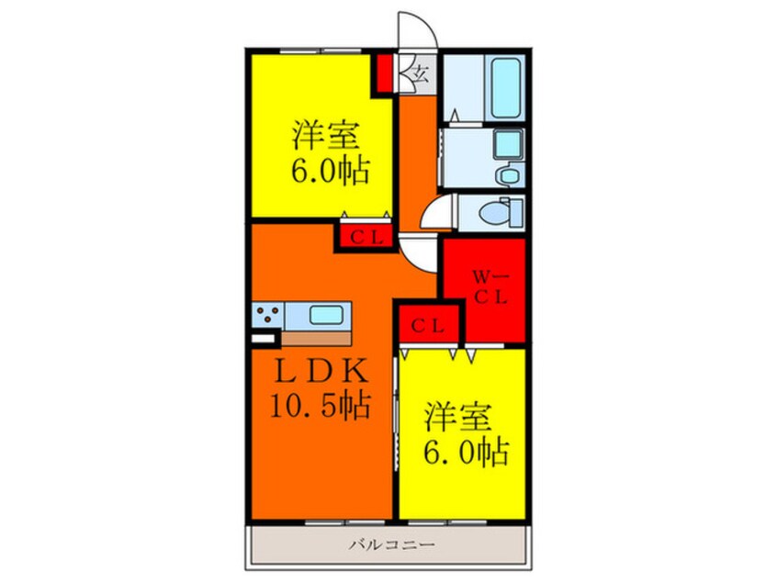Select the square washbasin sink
tap(506, 144)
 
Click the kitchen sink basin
tap(327, 315)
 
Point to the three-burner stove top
tap(267, 315)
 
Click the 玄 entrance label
tap(418, 73)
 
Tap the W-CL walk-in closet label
tap(485, 285)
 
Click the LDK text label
tap(322, 373)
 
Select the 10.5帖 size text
tap(319, 404)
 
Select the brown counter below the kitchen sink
tap(318, 336)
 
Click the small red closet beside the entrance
tap(384, 73)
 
